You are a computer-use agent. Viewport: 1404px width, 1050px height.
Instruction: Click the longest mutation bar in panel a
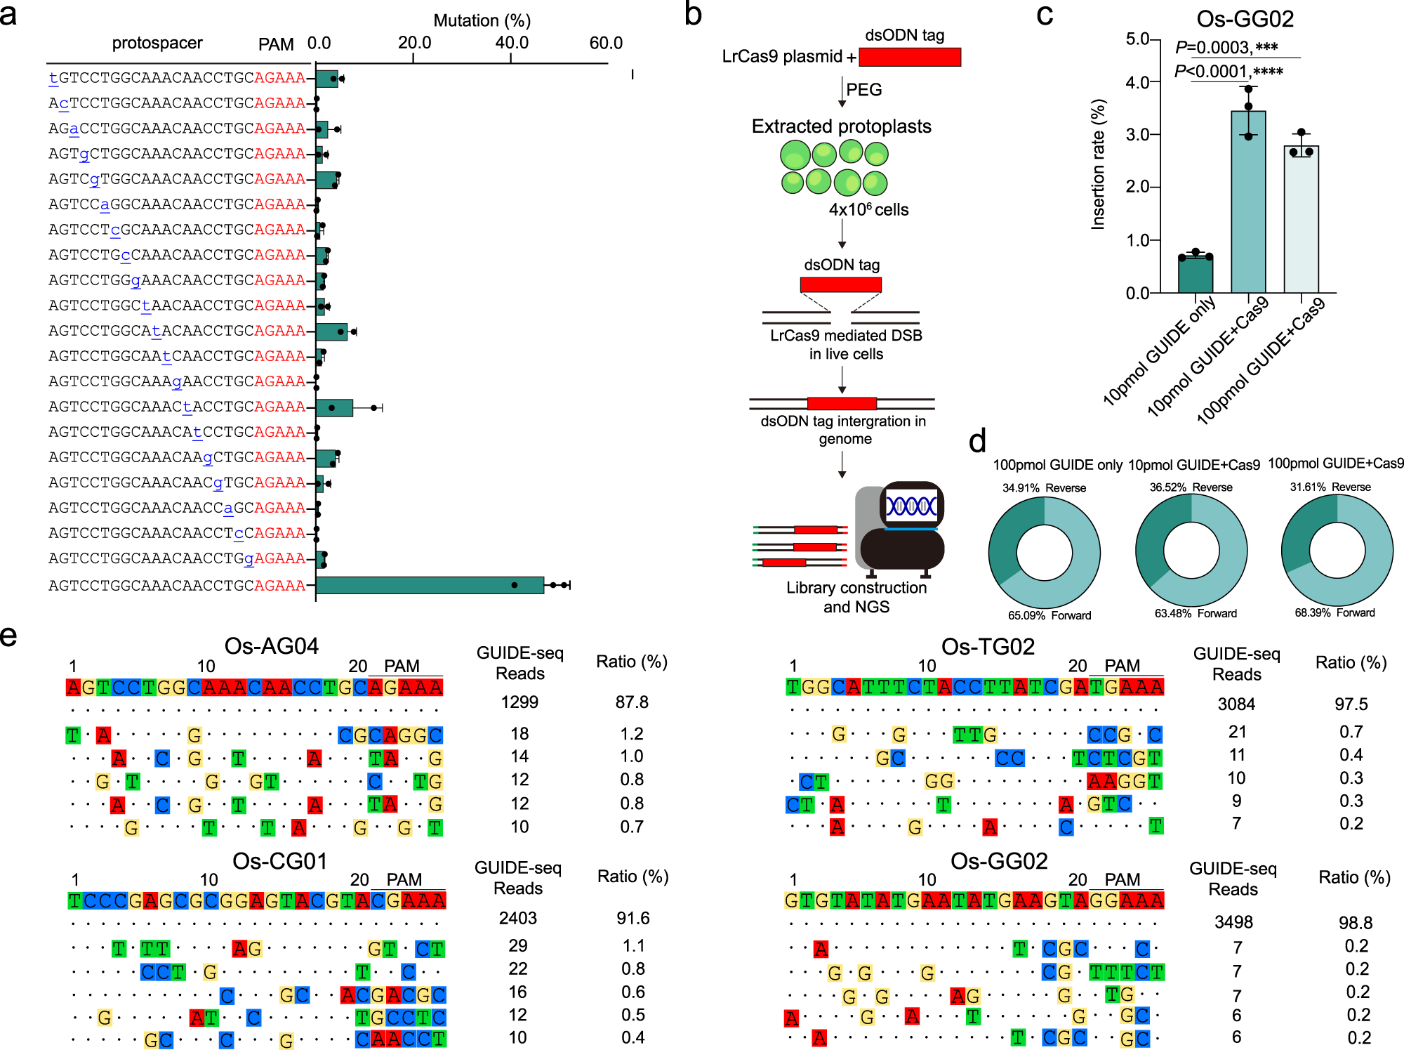click(430, 585)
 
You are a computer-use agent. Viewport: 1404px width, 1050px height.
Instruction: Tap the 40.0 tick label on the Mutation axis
click(512, 43)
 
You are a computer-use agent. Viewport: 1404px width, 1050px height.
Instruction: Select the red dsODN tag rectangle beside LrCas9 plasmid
click(910, 57)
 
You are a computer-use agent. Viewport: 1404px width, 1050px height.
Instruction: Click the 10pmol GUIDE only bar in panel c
click(1195, 275)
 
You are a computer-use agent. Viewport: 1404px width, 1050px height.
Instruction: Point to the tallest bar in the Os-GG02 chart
click(1248, 202)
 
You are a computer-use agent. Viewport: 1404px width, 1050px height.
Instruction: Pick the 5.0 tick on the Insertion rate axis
click(1137, 39)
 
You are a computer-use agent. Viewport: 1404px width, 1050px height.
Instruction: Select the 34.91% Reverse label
click(1044, 488)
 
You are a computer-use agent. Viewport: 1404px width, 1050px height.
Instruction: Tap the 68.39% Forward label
click(1335, 612)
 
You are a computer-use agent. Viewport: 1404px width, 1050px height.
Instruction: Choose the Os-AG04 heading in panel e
click(271, 645)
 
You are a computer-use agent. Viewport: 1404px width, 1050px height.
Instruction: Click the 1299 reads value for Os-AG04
click(519, 702)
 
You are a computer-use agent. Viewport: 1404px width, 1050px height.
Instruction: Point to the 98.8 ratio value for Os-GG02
click(1356, 922)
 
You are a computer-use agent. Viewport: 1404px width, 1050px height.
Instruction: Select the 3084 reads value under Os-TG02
click(1236, 704)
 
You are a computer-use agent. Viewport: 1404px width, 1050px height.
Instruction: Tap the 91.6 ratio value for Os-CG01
click(633, 918)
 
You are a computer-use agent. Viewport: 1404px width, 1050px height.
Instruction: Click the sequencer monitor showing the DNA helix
click(911, 506)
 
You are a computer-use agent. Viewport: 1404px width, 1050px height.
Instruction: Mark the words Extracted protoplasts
click(841, 126)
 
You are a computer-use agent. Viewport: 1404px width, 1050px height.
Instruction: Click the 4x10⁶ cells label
click(868, 209)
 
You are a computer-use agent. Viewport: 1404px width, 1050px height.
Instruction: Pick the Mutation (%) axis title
click(482, 20)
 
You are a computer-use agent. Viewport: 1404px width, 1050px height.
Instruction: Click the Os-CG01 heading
click(279, 860)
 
